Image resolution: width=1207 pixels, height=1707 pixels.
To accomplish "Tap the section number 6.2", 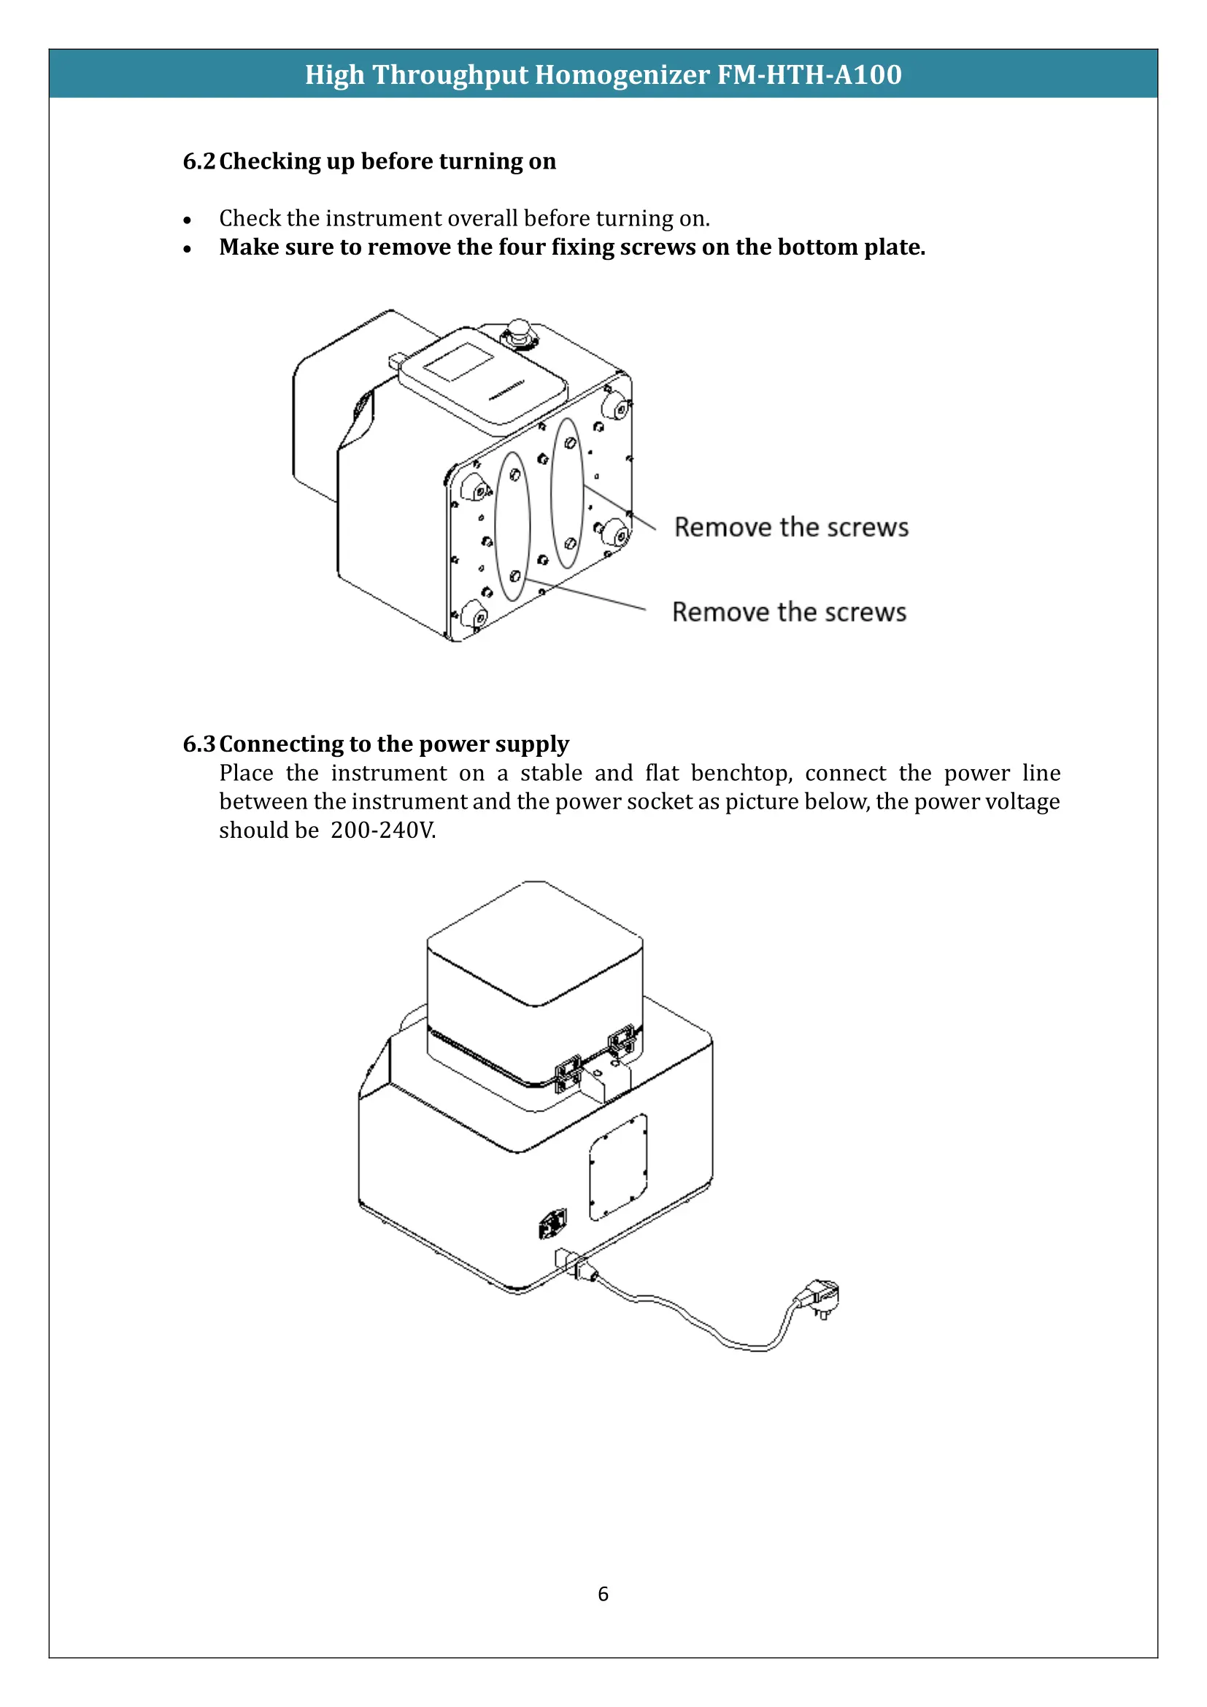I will pos(198,161).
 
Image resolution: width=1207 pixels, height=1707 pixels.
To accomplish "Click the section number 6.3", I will pos(198,744).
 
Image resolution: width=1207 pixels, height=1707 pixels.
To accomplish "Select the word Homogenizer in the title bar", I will pos(622,75).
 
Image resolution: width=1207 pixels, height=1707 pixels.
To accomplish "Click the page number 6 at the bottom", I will pos(603,1594).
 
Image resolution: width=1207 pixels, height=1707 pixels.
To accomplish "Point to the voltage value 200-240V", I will pos(383,831).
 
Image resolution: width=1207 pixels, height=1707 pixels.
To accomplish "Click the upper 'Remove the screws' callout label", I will pos(791,527).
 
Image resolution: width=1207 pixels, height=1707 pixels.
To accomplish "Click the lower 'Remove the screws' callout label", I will pos(789,612).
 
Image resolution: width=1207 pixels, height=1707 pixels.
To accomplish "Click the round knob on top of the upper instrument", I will pos(519,329).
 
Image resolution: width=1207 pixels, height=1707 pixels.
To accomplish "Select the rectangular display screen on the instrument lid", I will pos(458,362).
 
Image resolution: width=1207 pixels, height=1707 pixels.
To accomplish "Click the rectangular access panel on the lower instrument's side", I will pos(617,1166).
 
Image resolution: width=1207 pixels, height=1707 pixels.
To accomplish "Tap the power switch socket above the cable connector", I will pos(552,1223).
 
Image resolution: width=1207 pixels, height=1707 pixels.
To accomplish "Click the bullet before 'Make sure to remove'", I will pos(188,248).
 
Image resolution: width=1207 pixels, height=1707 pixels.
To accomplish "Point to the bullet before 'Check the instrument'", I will pos(188,220).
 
